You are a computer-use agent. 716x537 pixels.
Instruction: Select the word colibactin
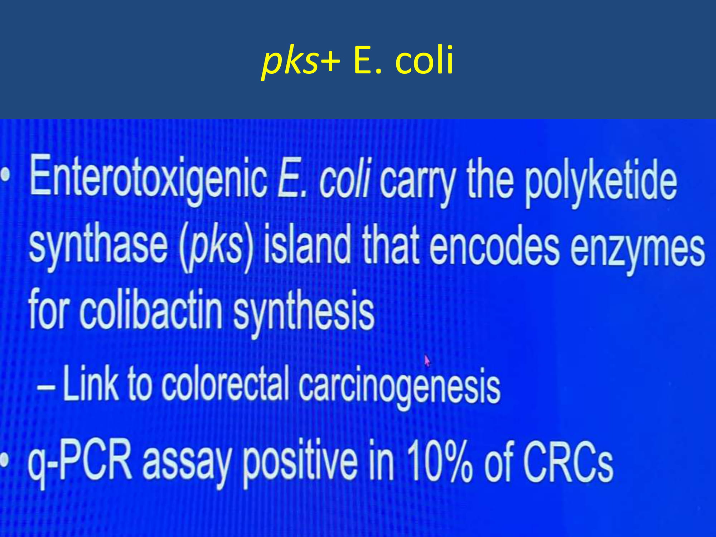151,310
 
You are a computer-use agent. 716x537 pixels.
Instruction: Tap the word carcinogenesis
399,388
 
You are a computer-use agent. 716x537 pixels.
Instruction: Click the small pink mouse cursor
427,360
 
